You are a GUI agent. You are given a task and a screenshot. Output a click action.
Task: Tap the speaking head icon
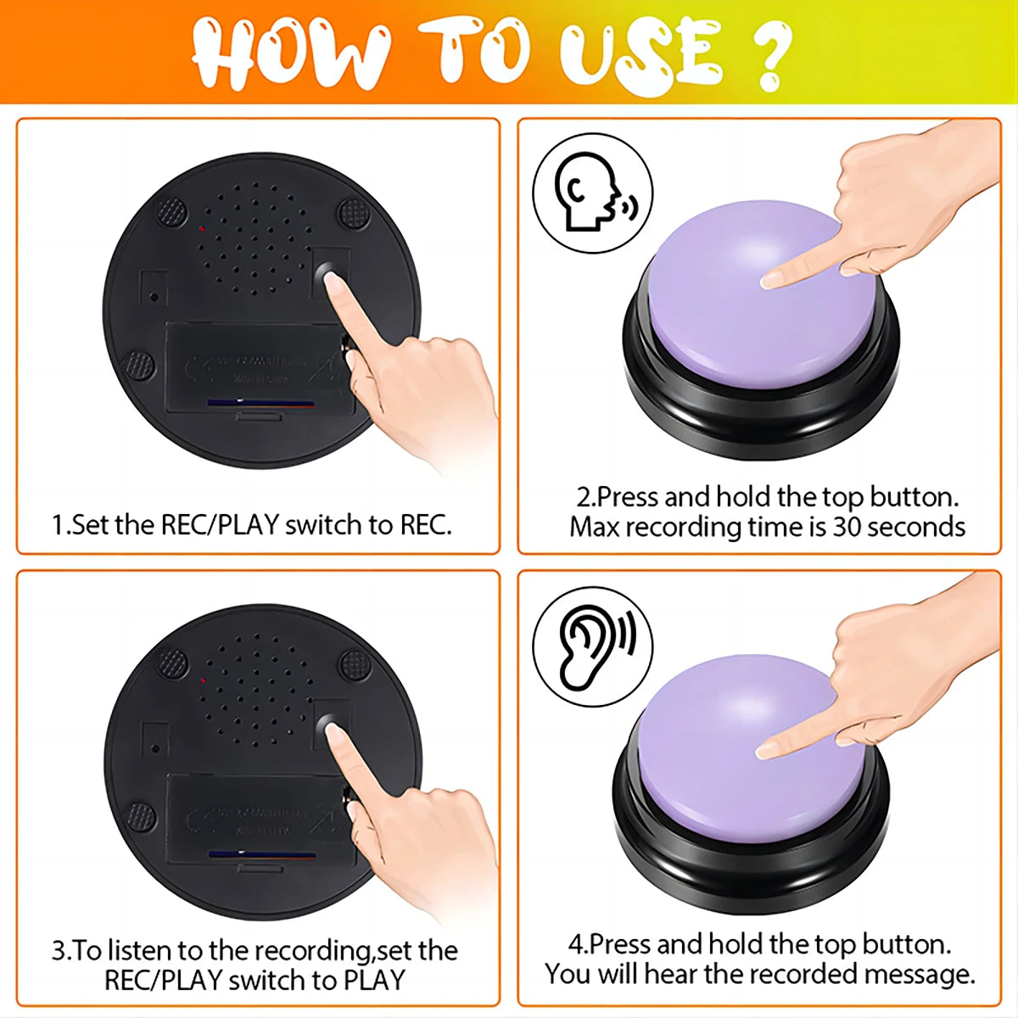(x=593, y=195)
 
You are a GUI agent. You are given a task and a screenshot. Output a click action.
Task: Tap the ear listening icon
(x=593, y=646)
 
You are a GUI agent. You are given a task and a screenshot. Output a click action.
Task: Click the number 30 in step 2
(x=846, y=527)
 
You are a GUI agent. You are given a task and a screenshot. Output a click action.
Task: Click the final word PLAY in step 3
(x=373, y=980)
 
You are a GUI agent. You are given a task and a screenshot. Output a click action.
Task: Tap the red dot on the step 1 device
(x=201, y=228)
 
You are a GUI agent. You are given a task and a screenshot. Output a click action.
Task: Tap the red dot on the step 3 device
(x=202, y=680)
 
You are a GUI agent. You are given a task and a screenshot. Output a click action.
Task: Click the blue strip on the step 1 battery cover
(x=260, y=403)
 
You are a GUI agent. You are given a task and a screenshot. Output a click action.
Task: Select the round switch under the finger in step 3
(x=326, y=727)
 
